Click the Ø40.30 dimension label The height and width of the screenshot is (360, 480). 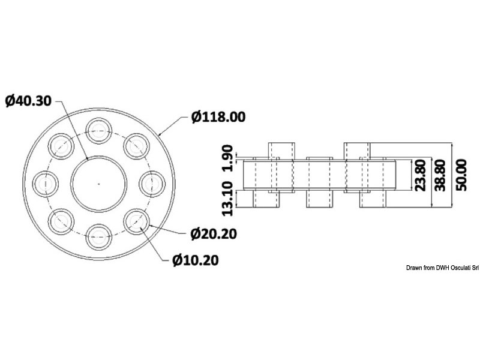point(29,100)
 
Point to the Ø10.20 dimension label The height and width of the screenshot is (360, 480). point(196,260)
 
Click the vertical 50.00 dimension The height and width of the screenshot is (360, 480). point(461,175)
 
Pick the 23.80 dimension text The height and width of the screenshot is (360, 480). point(421,175)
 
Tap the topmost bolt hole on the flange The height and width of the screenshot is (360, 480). point(98,128)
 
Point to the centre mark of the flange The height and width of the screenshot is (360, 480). point(98,181)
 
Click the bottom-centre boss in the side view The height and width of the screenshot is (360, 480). point(319,199)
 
